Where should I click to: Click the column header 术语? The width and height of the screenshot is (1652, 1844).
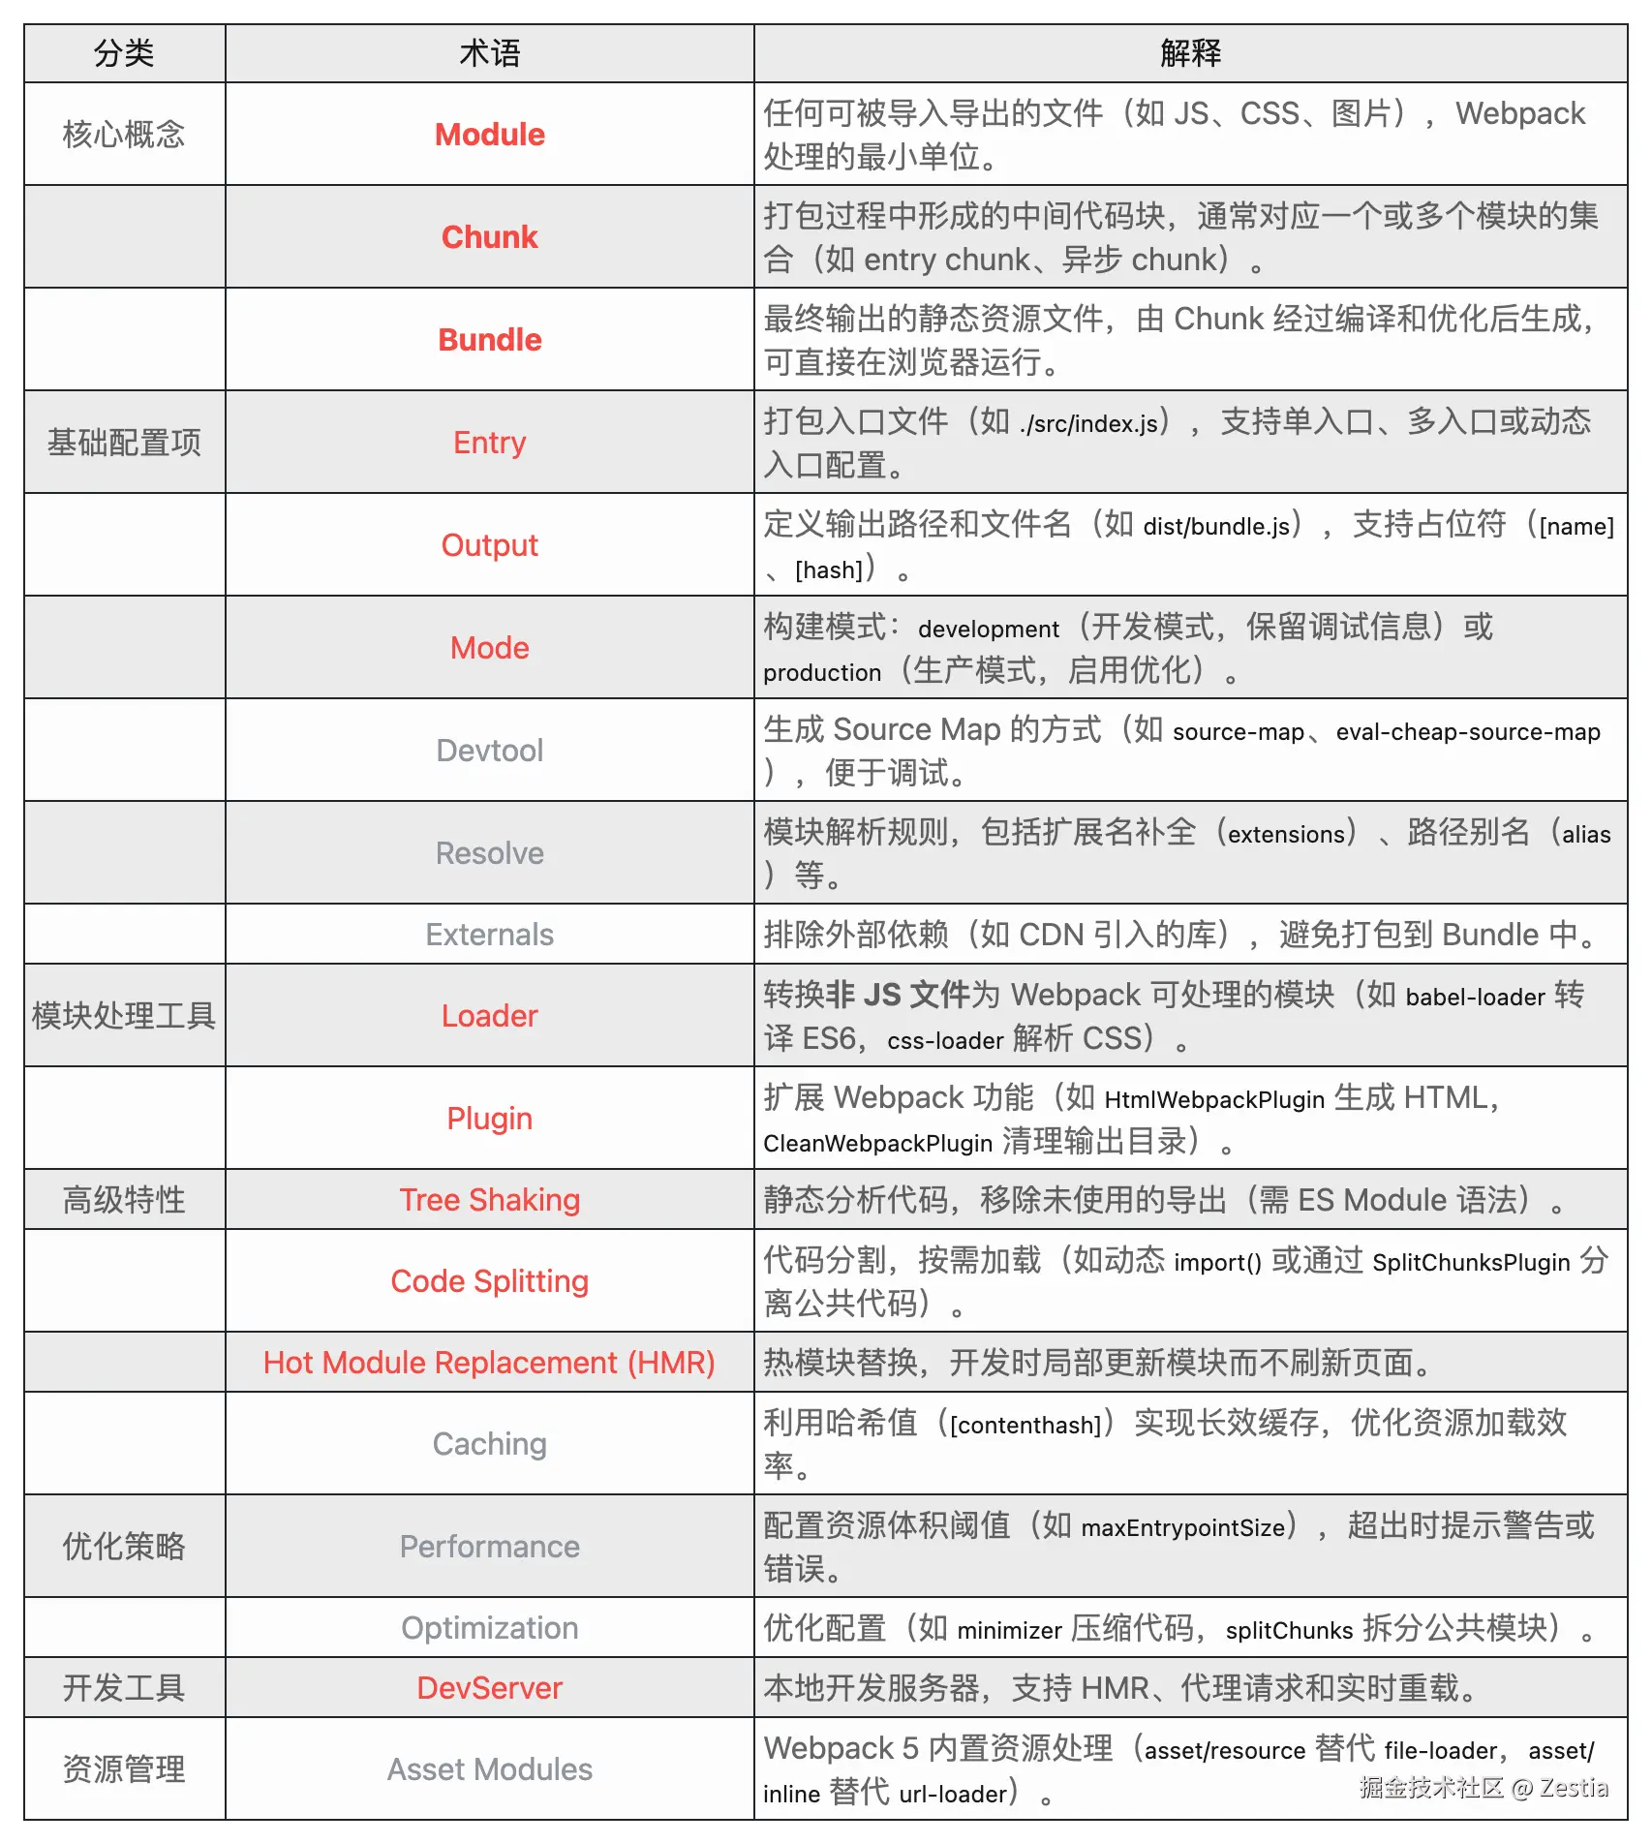coord(489,53)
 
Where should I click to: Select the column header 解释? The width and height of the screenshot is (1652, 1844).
coord(1190,53)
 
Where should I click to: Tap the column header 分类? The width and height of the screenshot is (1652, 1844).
coord(124,53)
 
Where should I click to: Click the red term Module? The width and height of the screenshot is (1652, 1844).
coord(489,135)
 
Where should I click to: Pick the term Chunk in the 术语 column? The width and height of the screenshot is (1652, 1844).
coord(489,237)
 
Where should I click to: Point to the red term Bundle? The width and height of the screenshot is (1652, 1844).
coord(489,340)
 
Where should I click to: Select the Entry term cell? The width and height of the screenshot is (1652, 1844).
coord(489,443)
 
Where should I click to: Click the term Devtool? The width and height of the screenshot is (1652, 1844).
coord(489,751)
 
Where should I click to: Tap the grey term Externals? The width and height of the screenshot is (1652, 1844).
coord(489,935)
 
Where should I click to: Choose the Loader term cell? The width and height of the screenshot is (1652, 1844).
coord(489,1016)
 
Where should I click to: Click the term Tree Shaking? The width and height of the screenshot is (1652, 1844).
coord(489,1200)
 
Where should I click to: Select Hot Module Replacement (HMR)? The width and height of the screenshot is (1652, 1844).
coord(489,1363)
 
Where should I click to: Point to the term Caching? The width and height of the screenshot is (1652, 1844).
coord(489,1444)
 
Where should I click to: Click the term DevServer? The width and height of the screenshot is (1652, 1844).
coord(489,1688)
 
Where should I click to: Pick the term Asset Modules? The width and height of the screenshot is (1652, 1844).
coord(489,1769)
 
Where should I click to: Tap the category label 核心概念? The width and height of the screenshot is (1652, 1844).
coord(124,135)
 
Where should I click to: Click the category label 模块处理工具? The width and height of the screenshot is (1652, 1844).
coord(124,1016)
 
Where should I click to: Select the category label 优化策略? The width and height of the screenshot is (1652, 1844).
coord(124,1547)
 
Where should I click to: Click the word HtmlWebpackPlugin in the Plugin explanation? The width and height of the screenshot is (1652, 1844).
coord(1214,1100)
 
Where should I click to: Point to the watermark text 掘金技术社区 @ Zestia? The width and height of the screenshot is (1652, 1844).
coord(1483,1788)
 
